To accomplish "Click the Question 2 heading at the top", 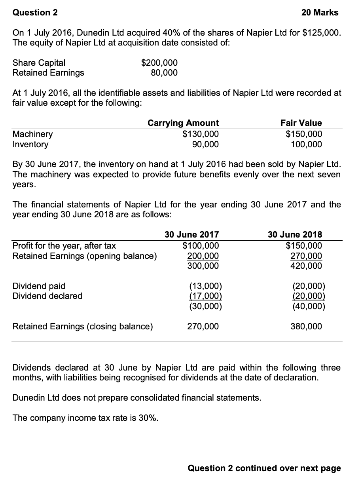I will coord(35,13).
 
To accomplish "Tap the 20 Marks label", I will coord(320,13).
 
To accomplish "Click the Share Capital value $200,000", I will coord(159,63).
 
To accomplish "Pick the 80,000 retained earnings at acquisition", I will coord(164,73).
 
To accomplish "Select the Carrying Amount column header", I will coord(183,123).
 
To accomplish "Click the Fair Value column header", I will coord(301,123).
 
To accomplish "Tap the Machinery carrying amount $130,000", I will coord(201,134).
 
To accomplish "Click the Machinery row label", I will coord(33,134).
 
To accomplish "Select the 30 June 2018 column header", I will coord(295,234).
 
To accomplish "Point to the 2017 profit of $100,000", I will coord(201,245).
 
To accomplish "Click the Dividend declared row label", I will coord(47,296).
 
